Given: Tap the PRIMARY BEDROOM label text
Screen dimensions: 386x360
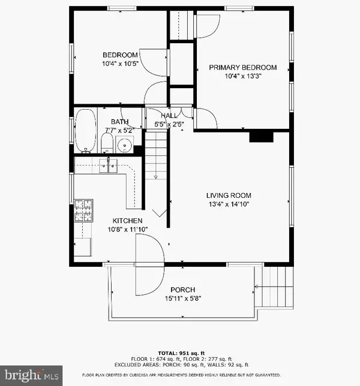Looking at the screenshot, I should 243,67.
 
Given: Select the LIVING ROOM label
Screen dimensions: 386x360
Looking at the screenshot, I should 229,195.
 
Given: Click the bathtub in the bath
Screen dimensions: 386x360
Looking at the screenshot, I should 85,129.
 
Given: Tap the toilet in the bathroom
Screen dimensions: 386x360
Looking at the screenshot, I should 107,143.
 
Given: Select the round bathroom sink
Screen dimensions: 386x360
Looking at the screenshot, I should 125,144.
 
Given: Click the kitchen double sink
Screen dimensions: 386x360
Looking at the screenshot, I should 108,166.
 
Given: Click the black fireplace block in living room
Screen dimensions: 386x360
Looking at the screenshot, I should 261,137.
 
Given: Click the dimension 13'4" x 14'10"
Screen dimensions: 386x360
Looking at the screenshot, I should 229,204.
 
